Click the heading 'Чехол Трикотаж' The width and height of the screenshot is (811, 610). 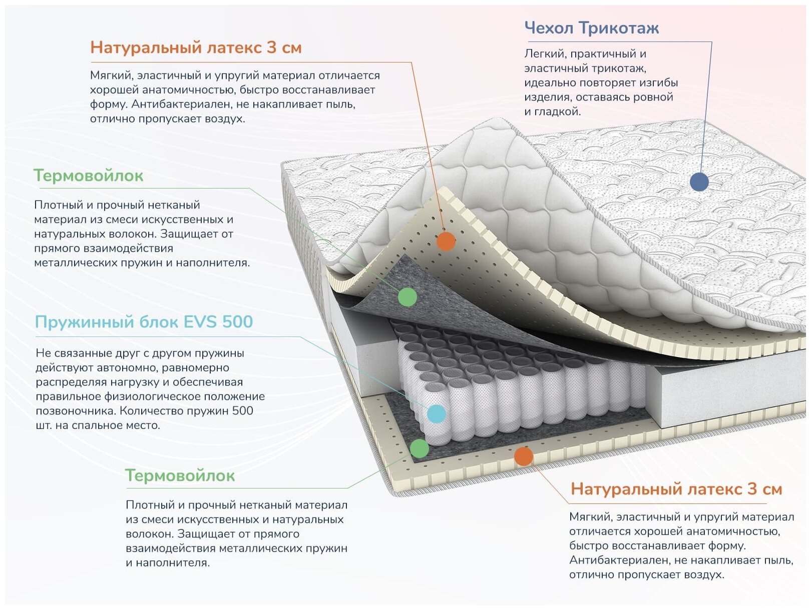(x=591, y=28)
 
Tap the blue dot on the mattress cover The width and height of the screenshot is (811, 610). (x=699, y=182)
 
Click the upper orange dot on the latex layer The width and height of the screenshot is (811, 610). (x=446, y=241)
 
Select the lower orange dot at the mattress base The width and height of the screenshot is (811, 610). (x=523, y=456)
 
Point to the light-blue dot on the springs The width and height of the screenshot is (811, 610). (x=436, y=414)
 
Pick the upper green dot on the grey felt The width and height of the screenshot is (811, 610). (x=408, y=297)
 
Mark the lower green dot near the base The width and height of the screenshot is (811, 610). (x=420, y=448)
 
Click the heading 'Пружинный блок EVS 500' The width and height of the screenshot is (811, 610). (x=144, y=321)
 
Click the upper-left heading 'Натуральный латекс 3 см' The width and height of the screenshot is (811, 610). (x=196, y=47)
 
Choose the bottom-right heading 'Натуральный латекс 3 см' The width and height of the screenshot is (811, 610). (x=676, y=488)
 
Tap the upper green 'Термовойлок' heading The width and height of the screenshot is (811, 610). (x=88, y=175)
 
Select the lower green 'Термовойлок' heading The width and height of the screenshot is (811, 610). (x=180, y=475)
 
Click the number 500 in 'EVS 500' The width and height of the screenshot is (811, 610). (x=237, y=321)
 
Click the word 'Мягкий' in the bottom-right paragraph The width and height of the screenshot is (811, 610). (x=590, y=517)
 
